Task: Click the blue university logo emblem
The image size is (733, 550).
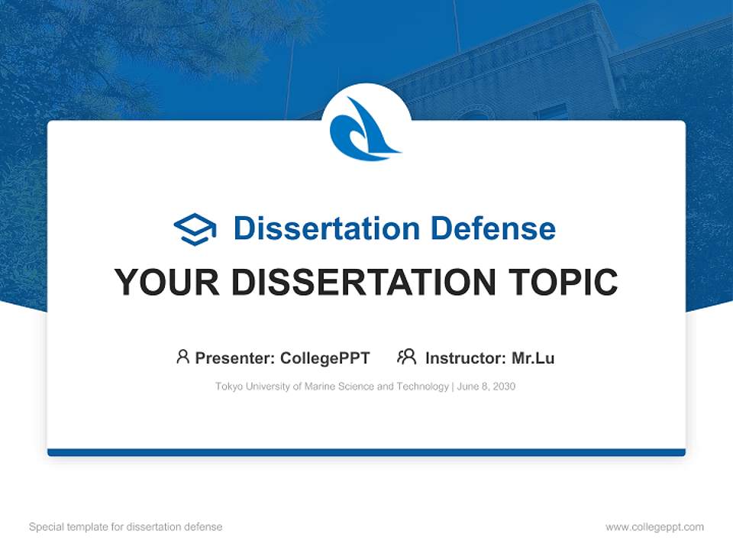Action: click(365, 128)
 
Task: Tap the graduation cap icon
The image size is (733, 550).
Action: click(195, 229)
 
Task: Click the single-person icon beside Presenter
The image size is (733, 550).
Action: click(182, 357)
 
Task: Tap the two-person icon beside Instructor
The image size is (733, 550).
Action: click(406, 357)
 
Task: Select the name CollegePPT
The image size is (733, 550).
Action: click(325, 357)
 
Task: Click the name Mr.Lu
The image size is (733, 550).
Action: click(533, 357)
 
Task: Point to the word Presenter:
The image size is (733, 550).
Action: click(235, 357)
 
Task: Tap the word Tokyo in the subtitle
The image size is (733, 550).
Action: click(228, 387)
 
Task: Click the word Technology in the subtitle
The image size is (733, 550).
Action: click(422, 387)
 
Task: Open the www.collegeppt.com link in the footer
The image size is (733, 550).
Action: click(654, 527)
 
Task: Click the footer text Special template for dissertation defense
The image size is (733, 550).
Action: click(126, 527)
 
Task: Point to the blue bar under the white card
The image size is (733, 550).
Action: click(366, 452)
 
